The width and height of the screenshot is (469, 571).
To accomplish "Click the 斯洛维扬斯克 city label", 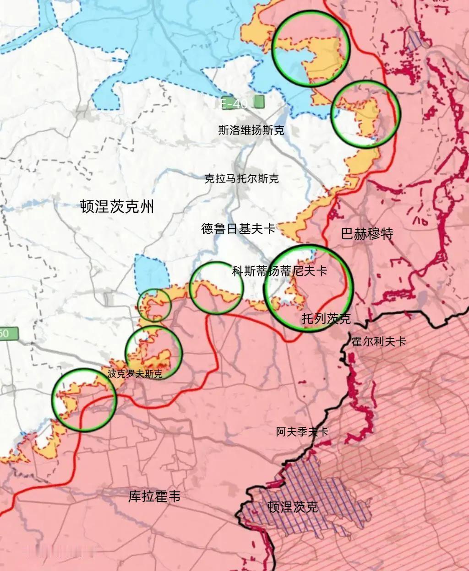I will [x=251, y=130].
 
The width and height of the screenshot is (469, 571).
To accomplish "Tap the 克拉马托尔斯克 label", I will [x=241, y=178].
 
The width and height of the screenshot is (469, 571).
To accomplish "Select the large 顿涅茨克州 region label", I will [x=117, y=207].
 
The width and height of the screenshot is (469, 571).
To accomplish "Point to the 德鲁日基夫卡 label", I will [x=238, y=228].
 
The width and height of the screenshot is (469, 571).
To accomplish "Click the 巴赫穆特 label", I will [x=367, y=234].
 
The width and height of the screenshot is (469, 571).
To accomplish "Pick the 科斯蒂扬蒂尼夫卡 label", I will [x=279, y=271].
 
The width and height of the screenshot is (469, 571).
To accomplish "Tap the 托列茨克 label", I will [x=326, y=318].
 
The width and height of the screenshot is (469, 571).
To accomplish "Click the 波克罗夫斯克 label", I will [x=135, y=374].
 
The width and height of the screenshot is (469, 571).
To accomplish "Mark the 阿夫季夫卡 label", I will [x=302, y=431].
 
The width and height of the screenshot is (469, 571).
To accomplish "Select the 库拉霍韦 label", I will [x=154, y=496].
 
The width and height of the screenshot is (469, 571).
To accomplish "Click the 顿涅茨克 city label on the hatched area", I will [x=293, y=507].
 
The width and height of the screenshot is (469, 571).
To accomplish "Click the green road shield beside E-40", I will [x=259, y=102].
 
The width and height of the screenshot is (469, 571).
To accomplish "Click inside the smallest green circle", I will [x=154, y=305].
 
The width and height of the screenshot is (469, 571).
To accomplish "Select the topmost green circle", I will [x=311, y=49].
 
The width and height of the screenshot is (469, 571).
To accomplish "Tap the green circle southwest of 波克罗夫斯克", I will [x=84, y=400].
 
